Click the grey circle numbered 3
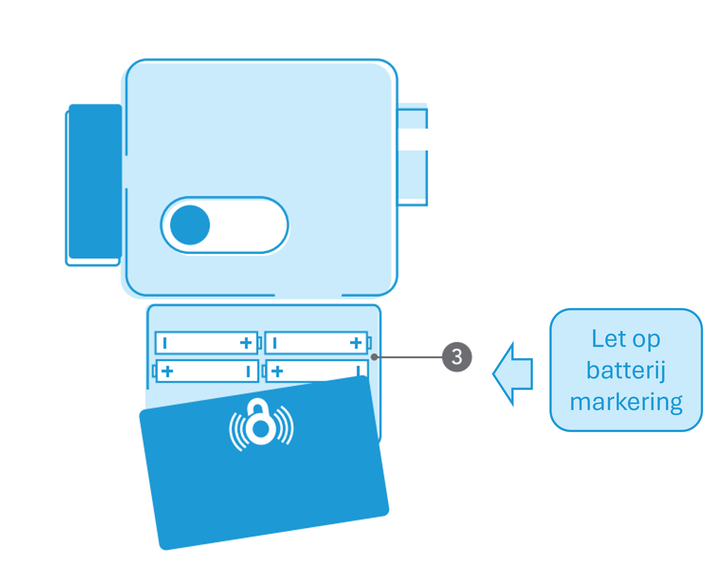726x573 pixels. [457, 356]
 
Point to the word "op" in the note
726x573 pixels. [646, 340]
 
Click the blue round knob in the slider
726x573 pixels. [190, 225]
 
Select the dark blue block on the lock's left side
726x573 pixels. [95, 181]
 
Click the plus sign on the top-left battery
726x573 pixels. [246, 343]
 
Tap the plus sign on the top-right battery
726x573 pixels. [355, 343]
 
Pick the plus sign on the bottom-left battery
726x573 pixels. [167, 371]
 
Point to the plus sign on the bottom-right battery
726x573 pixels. [277, 371]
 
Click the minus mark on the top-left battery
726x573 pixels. [165, 343]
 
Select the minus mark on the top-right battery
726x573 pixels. [275, 343]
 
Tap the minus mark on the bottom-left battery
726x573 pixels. [248, 371]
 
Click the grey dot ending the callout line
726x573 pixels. [374, 357]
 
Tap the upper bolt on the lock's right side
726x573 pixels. [412, 118]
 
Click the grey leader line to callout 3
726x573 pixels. [409, 357]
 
